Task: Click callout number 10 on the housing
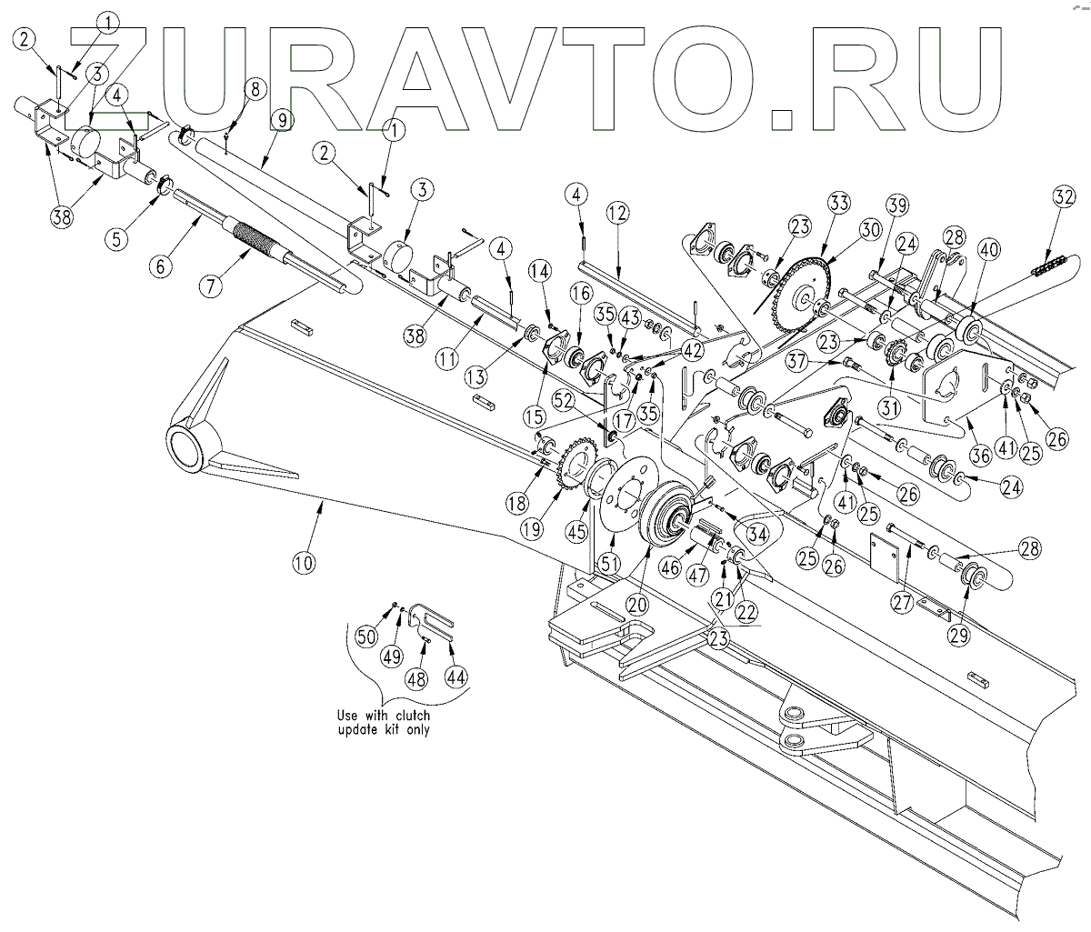click(304, 563)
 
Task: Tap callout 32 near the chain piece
click(1065, 196)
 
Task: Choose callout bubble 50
click(365, 636)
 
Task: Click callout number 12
click(617, 215)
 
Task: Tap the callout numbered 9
click(280, 119)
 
